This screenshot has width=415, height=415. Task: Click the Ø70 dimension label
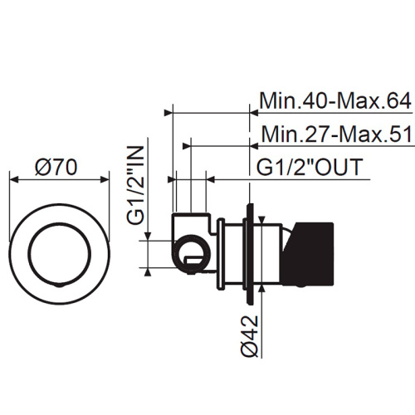[x=56, y=167]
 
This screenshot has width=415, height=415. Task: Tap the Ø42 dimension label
[x=250, y=335]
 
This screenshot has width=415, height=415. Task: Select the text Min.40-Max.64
[x=335, y=101]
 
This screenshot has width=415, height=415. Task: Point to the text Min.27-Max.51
[x=337, y=134]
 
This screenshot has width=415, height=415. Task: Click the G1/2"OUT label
[x=310, y=167]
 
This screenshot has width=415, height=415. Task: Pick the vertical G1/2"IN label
[x=136, y=185]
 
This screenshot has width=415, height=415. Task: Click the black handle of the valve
[x=310, y=255]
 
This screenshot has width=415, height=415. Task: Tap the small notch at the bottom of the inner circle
[x=60, y=286]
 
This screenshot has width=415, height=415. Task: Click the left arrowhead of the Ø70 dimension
[x=14, y=179]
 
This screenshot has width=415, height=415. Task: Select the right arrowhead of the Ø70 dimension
[x=105, y=179]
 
